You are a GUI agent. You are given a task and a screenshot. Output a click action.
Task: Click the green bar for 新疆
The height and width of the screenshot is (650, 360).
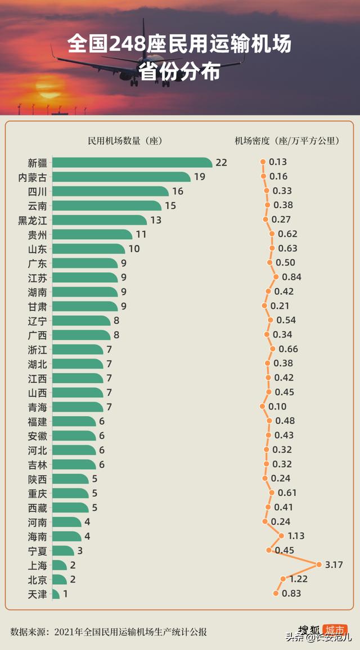[x=132, y=163]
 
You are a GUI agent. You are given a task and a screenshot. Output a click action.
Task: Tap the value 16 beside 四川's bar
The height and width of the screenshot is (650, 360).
[x=178, y=191]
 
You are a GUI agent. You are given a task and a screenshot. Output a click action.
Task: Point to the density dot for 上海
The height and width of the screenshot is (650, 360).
[x=319, y=564]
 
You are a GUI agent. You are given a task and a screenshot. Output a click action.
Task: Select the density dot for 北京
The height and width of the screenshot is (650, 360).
[x=283, y=579]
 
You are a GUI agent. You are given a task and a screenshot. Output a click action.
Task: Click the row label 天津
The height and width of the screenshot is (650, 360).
[x=38, y=594]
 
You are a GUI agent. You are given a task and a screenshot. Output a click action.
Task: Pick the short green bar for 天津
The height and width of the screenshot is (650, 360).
[x=56, y=594]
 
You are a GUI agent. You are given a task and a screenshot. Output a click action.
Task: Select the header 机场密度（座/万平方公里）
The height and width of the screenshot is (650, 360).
[x=287, y=141]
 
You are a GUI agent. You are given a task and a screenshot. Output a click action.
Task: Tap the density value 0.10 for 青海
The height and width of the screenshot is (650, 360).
[x=277, y=406]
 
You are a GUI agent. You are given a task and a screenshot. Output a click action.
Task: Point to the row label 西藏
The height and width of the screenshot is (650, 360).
[x=38, y=507]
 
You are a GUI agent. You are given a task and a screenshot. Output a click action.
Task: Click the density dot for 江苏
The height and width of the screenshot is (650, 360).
[x=276, y=277]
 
